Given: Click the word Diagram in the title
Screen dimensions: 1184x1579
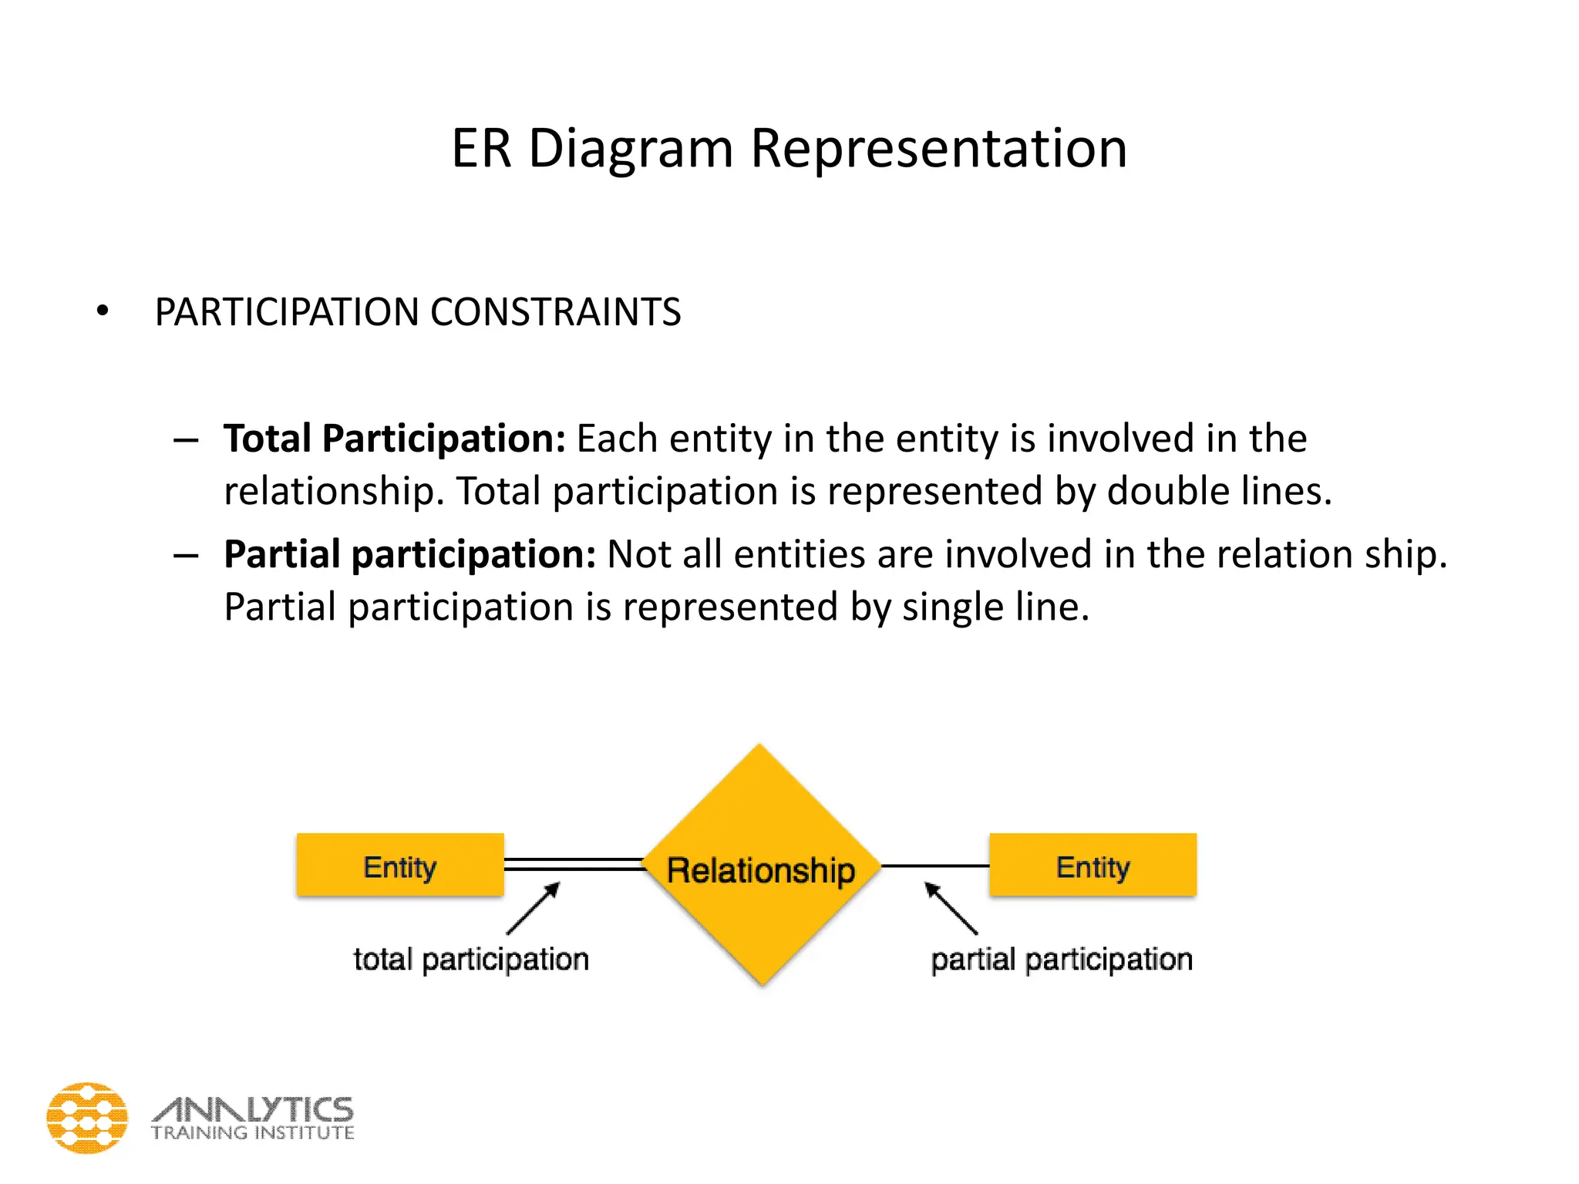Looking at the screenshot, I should click(630, 148).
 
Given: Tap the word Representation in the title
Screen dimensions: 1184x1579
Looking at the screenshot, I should click(938, 148).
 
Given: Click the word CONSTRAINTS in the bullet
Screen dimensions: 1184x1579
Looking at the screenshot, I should click(555, 312).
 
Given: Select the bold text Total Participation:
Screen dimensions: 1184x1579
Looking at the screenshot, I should click(395, 439).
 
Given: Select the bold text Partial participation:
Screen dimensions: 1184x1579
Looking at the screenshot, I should click(409, 554).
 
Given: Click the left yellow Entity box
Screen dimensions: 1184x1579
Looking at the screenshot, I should click(400, 865).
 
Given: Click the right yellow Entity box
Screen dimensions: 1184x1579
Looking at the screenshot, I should click(1093, 865).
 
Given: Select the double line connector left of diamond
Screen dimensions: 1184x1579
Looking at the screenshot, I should click(574, 865).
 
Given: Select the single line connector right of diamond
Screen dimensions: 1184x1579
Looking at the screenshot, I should click(935, 866).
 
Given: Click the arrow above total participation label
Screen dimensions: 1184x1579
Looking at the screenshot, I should click(534, 909).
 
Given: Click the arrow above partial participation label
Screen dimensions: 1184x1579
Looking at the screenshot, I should click(951, 908).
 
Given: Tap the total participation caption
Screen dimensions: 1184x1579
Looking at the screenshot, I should click(471, 960).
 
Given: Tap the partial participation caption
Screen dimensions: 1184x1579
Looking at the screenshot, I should click(1062, 960).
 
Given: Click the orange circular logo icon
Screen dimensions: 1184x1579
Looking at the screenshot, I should click(87, 1118).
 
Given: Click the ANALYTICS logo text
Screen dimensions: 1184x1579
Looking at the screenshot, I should click(253, 1109).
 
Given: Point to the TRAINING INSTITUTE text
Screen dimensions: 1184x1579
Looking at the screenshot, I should click(253, 1133).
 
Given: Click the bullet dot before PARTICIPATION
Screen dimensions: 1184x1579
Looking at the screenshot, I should click(103, 312).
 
